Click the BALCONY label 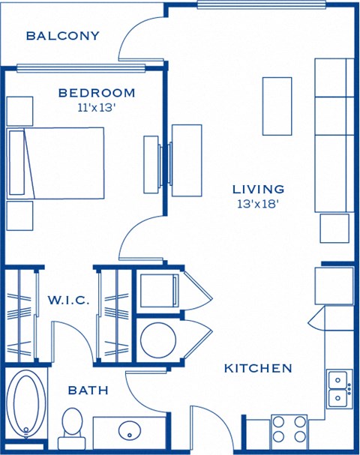pos(62,35)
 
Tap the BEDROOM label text pos(97,93)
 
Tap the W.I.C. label pos(68,301)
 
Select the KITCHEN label pos(257,369)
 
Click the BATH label pos(88,391)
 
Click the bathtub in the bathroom pos(26,405)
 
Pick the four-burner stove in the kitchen pos(289,431)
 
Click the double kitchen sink pos(339,388)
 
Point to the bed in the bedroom pos(56,163)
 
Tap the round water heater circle pos(157,340)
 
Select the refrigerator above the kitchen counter pos(333,286)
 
